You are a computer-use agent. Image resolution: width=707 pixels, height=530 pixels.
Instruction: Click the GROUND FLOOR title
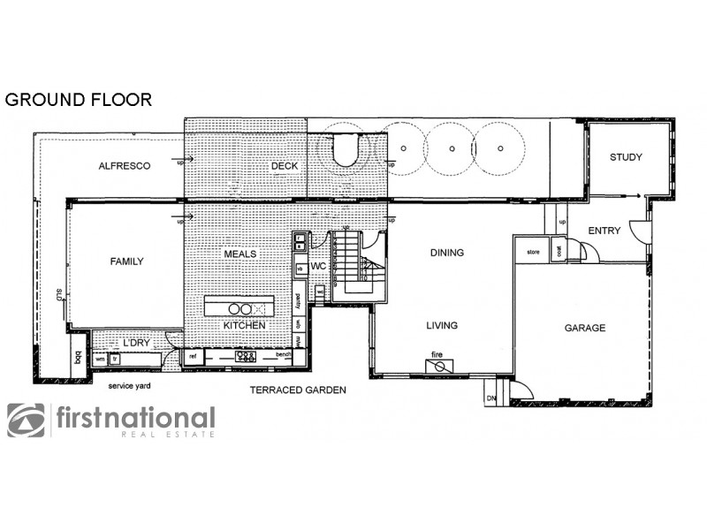tap(79, 99)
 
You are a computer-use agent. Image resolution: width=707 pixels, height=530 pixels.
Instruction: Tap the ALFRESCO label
tap(125, 165)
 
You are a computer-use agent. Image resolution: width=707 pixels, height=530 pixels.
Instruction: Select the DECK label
tap(285, 165)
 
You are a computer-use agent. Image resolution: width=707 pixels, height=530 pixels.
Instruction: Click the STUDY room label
tap(626, 157)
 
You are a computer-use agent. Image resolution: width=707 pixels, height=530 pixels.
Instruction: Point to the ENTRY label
tap(604, 231)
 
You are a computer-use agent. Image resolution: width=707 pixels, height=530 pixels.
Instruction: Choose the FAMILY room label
tap(126, 261)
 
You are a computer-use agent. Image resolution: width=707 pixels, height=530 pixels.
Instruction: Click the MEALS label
tap(239, 254)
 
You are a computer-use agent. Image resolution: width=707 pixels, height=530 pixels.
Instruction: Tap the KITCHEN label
tap(244, 326)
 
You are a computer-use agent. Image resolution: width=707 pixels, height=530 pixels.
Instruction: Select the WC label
tap(319, 265)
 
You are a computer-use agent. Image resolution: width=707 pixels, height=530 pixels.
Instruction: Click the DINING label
tap(446, 253)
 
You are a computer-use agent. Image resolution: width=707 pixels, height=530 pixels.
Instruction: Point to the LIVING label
tap(442, 325)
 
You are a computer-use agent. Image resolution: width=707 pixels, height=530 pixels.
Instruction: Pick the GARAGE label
tap(585, 328)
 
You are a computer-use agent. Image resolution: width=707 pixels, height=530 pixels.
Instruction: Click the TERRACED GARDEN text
tap(297, 389)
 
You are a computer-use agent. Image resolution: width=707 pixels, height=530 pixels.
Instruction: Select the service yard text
tap(129, 387)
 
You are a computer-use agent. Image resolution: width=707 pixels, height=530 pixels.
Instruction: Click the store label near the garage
tap(533, 252)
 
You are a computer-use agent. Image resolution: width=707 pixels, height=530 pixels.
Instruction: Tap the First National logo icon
tap(26, 420)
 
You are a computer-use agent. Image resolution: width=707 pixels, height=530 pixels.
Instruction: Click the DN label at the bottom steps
tap(491, 399)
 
